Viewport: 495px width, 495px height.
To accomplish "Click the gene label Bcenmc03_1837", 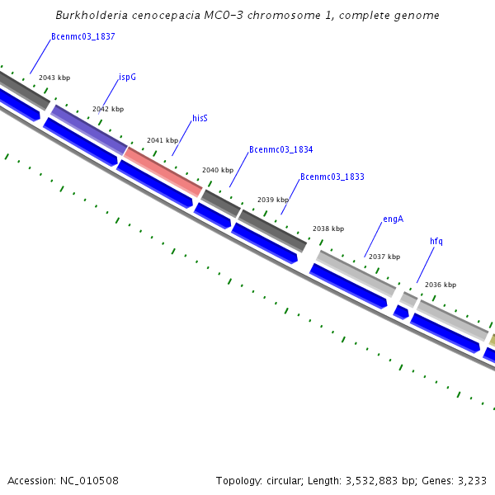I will (82, 36).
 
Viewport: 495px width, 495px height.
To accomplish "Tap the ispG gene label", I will (127, 77).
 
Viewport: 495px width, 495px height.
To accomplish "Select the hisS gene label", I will (200, 118).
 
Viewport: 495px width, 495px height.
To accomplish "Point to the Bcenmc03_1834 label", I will (280, 149).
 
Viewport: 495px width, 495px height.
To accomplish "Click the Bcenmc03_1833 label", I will (332, 177).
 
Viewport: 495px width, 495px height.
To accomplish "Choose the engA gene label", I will (393, 219).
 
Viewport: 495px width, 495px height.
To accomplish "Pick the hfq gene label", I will (436, 241).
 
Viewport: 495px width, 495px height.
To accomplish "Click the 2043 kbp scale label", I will (54, 78).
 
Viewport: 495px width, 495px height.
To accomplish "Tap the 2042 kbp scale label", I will (108, 109).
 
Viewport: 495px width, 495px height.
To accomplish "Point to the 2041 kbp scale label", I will (163, 140).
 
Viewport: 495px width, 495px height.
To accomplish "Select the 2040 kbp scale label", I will (218, 170).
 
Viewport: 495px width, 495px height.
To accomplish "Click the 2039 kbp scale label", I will (273, 200).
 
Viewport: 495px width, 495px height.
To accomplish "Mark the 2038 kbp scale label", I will (328, 229).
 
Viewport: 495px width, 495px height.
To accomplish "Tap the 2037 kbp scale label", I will (384, 257).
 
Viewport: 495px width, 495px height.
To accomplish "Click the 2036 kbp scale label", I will (441, 285).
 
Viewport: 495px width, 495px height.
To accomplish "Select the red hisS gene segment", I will (163, 172).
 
